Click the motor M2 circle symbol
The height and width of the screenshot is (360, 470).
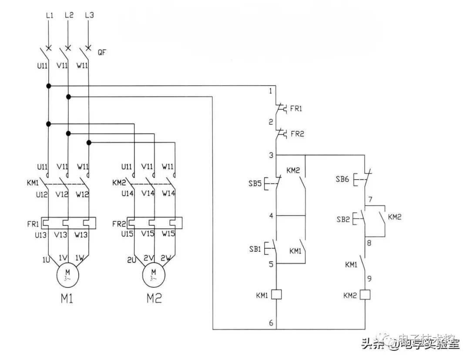tap(153, 275)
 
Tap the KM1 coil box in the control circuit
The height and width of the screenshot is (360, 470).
tap(276, 295)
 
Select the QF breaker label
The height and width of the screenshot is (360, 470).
tap(102, 53)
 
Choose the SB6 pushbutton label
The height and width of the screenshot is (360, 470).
tap(343, 179)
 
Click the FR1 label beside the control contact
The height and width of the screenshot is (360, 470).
tap(296, 109)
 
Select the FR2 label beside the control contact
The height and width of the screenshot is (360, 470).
tap(297, 134)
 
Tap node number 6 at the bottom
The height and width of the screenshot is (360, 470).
tap(271, 323)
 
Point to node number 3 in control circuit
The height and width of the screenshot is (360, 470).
tap(271, 155)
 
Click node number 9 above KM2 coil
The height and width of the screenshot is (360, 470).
tap(369, 278)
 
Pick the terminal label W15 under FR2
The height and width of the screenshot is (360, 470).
tap(168, 235)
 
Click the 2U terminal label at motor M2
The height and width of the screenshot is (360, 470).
tap(132, 260)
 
